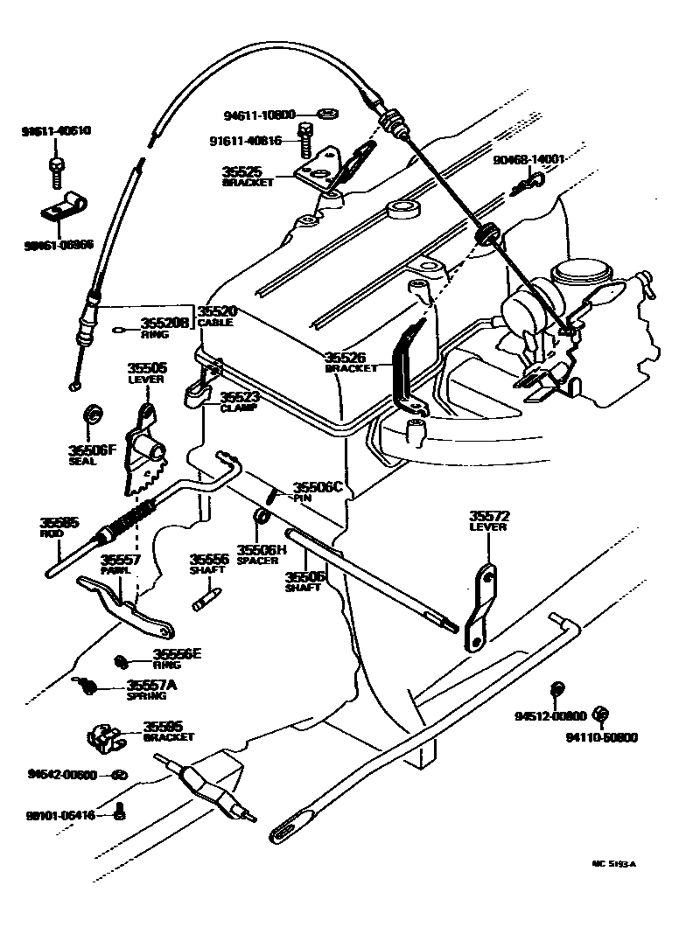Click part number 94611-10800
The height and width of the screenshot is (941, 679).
(x=261, y=114)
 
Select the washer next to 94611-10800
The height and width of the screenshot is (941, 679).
(x=330, y=114)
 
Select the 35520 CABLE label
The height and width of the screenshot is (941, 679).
(x=216, y=316)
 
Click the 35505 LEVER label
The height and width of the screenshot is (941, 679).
(x=146, y=373)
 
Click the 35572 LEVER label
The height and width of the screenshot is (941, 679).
(x=488, y=520)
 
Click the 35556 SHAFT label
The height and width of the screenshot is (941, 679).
(x=209, y=563)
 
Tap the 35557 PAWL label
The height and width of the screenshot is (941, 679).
(x=119, y=564)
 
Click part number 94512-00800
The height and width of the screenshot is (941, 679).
(x=549, y=715)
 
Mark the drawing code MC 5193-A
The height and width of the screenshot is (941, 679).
(x=613, y=863)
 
